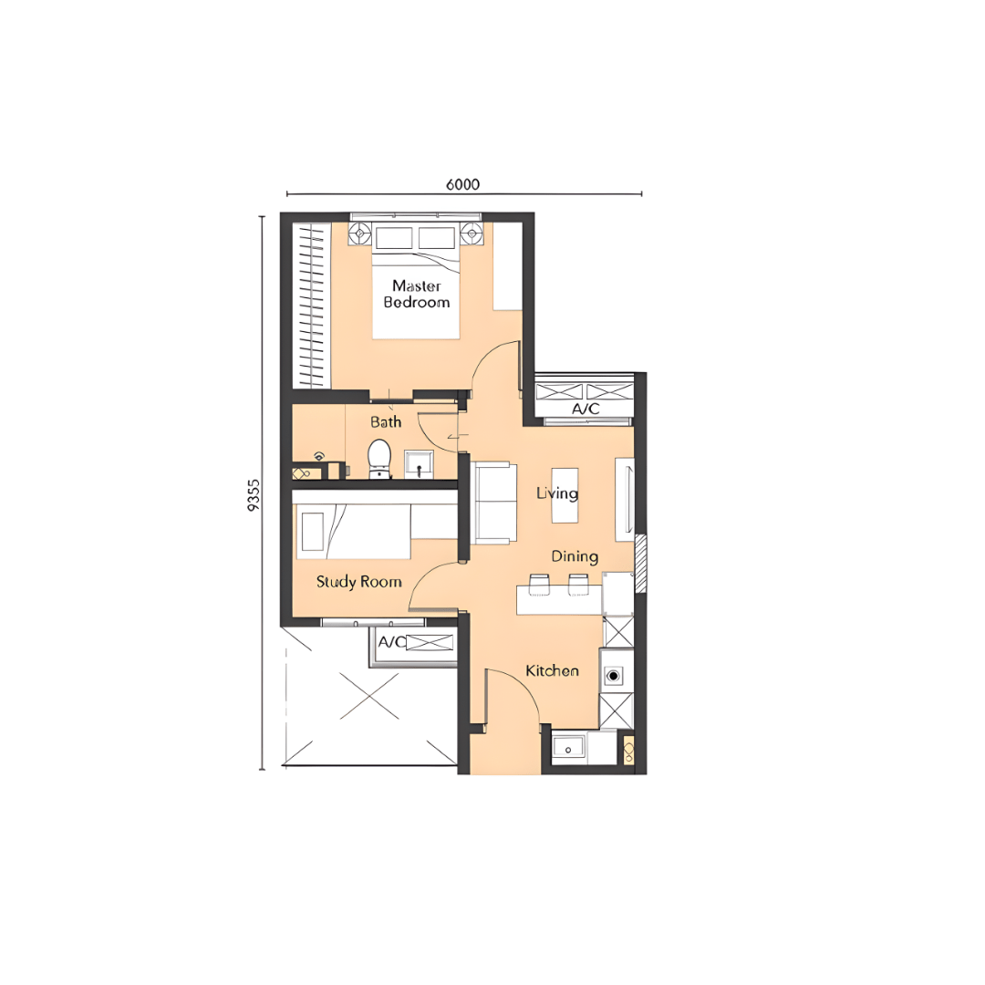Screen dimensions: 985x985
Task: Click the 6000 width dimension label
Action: click(463, 184)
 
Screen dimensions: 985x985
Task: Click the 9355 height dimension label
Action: click(253, 495)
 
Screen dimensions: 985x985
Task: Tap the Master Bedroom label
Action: click(417, 294)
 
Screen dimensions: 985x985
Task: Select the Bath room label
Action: click(386, 421)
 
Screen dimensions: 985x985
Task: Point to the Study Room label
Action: click(358, 582)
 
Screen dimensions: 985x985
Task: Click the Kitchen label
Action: click(552, 671)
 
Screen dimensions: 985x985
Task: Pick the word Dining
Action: click(575, 556)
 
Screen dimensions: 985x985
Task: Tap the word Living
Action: click(557, 493)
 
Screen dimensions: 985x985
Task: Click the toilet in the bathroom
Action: click(378, 459)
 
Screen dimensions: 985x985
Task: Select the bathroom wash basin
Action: click(419, 463)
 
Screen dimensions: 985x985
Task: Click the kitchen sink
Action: click(568, 749)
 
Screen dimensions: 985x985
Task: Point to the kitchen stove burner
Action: click(613, 676)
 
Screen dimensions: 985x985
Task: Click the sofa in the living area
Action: click(494, 503)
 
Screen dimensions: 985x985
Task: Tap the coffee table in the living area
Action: click(565, 495)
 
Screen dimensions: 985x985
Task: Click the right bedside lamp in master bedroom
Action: click(472, 234)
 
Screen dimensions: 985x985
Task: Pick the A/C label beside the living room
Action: click(586, 409)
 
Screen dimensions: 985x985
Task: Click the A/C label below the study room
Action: click(391, 642)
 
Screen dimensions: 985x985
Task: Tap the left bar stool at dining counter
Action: click(539, 584)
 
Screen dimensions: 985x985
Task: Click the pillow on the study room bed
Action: click(313, 532)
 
